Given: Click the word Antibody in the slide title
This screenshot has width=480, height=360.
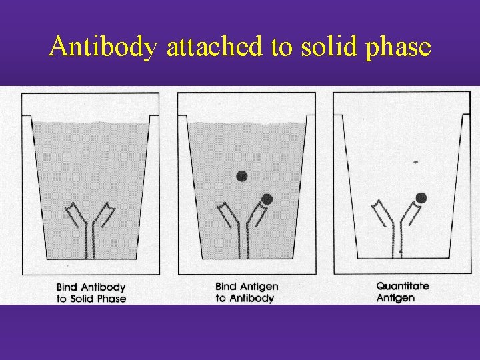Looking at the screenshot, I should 103,47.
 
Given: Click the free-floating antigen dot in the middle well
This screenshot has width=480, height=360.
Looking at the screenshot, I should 242,176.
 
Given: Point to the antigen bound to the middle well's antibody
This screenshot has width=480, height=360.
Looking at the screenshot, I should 267,199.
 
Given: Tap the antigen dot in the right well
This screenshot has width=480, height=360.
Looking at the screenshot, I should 421,197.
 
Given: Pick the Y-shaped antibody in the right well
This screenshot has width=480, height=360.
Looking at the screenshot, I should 399,227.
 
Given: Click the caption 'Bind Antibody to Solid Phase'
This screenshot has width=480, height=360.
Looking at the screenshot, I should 91,293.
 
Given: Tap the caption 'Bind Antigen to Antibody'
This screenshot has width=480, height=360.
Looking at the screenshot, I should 246,292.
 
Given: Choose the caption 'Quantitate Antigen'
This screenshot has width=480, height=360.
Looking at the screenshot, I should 403,291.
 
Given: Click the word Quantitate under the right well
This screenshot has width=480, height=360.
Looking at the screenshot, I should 403,286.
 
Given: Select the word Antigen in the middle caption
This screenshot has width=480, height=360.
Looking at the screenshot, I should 259,286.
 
